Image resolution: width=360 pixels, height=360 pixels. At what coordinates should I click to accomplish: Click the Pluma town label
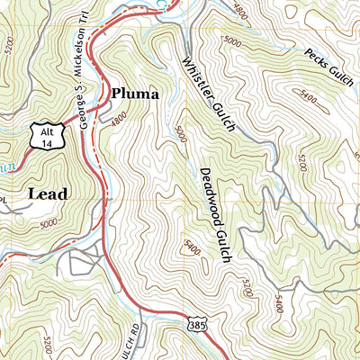[x=135, y=93]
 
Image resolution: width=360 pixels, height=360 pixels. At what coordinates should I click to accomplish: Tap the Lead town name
[x=48, y=193]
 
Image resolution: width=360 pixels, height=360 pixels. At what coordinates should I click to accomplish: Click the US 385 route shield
[x=196, y=323]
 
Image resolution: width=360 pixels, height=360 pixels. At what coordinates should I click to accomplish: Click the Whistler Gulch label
[x=208, y=94]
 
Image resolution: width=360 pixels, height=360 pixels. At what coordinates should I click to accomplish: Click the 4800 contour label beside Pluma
[x=117, y=116]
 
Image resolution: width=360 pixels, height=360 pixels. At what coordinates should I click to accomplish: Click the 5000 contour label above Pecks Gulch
[x=232, y=41]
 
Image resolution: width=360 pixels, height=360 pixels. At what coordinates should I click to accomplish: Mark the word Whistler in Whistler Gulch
[x=197, y=74]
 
